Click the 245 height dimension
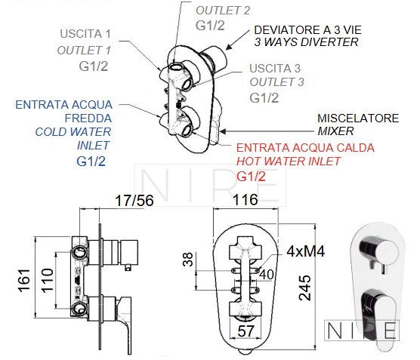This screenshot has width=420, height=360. (x=305, y=288)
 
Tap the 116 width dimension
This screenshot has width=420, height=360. (x=245, y=200)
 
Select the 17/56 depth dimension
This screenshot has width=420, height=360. (x=134, y=201)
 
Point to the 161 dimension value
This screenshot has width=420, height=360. (x=24, y=280)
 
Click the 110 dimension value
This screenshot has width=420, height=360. (x=48, y=280)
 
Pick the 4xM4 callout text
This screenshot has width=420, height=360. (x=306, y=251)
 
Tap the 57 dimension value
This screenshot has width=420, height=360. (x=246, y=331)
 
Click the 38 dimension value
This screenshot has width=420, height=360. (x=188, y=260)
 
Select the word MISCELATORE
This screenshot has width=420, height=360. (x=358, y=118)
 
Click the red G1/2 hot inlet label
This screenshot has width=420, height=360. (x=251, y=177)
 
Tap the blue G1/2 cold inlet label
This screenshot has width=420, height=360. (x=91, y=162)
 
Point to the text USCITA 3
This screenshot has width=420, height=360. (x=275, y=69)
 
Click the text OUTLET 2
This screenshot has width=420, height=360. (x=223, y=11)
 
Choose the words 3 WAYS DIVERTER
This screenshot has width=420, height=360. (x=307, y=42)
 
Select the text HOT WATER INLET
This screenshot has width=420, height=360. (x=289, y=161)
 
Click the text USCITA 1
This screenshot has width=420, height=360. (x=85, y=34)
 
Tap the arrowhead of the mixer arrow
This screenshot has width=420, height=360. (x=223, y=131)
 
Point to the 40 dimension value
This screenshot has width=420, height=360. (x=267, y=275)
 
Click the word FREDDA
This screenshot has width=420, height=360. (x=88, y=118)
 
